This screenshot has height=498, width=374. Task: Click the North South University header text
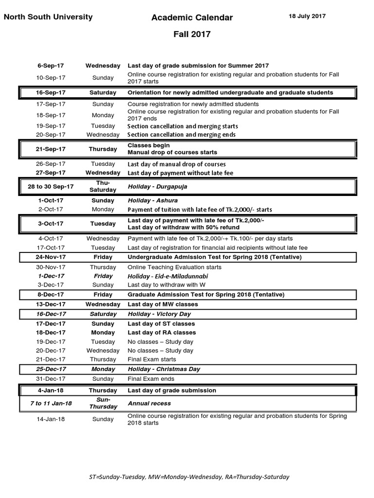tap(48, 17)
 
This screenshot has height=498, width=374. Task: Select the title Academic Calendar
tap(192, 18)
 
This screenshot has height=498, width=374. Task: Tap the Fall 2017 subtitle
tap(192, 34)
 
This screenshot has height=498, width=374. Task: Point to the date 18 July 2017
tap(307, 16)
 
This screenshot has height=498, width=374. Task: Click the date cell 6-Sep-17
tap(51, 66)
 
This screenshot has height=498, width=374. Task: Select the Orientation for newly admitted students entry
tap(230, 92)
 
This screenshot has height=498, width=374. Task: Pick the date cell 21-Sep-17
tap(51, 149)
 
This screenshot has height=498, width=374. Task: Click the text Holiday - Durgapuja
tap(157, 186)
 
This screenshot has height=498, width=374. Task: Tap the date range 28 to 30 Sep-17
tap(51, 186)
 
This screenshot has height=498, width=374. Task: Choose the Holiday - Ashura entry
tap(152, 200)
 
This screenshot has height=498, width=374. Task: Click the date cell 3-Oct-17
tap(51, 224)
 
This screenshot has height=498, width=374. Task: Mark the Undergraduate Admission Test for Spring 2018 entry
tap(214, 257)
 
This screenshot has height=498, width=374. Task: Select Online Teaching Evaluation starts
tap(174, 267)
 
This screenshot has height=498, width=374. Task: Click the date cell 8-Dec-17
tap(51, 295)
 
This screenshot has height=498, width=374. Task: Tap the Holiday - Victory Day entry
tap(159, 314)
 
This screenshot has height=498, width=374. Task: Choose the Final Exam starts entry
tap(149, 359)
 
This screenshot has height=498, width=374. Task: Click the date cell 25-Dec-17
tap(51, 369)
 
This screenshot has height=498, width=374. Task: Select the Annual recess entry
tap(149, 403)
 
